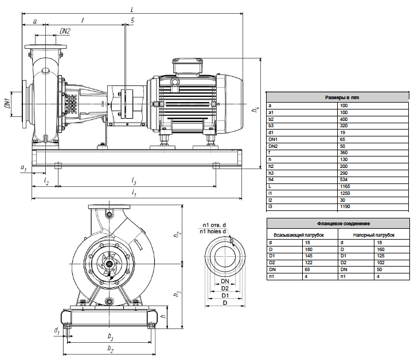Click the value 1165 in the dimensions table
(345, 187)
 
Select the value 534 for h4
(344, 180)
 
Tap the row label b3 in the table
(271, 126)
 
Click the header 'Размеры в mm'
(342, 97)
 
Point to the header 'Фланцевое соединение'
(343, 224)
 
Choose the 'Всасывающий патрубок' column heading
(299, 235)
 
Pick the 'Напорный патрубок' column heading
(374, 235)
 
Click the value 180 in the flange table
(308, 249)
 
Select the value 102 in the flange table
(381, 263)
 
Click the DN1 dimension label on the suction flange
(7, 103)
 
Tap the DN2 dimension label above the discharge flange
(65, 31)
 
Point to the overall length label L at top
(132, 10)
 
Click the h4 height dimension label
(255, 109)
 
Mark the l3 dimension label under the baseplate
(134, 181)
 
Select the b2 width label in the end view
(110, 349)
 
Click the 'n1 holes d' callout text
(213, 232)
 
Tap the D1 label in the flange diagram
(225, 295)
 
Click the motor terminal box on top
(188, 66)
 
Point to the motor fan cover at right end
(230, 104)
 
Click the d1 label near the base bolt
(57, 331)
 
